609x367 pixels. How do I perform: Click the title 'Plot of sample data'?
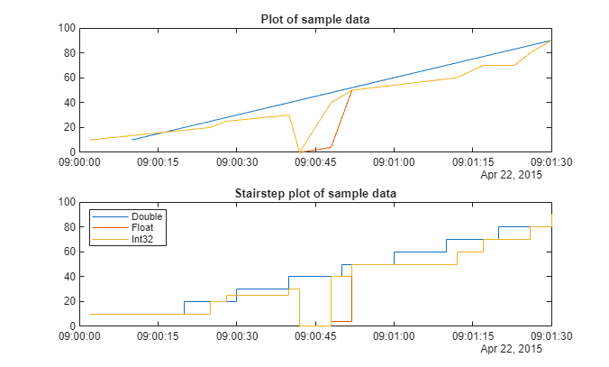point(315,19)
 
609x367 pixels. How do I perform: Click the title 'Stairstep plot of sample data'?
point(315,193)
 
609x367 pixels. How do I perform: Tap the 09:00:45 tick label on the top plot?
point(315,162)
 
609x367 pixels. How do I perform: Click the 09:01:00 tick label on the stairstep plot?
point(394,336)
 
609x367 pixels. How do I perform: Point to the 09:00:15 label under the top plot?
point(158,162)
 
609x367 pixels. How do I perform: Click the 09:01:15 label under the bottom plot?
point(473,336)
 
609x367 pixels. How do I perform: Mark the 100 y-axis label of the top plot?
point(67,28)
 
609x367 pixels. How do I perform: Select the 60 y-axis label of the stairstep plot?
point(69,252)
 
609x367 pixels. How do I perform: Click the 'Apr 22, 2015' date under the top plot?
point(511,175)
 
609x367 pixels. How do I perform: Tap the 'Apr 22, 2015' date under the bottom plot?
point(511,348)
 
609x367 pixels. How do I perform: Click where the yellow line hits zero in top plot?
point(299,151)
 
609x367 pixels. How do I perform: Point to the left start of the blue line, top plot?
point(132,140)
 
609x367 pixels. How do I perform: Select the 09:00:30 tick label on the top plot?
point(237,162)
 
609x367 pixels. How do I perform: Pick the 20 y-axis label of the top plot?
point(69,127)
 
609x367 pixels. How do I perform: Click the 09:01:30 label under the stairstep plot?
point(551,336)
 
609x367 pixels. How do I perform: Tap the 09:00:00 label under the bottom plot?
point(79,336)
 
